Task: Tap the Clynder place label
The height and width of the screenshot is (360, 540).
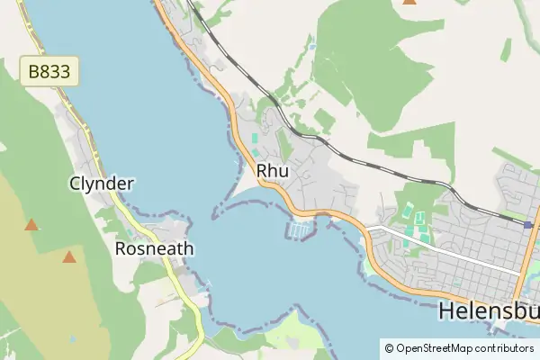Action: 102,184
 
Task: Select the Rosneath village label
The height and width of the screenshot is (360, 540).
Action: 155,248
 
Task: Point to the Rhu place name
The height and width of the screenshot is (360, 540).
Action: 272,171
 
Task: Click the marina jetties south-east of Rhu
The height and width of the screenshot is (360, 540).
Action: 301,230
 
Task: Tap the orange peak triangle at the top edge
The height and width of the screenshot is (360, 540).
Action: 410,2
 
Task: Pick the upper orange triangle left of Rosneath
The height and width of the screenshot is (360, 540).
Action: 31,225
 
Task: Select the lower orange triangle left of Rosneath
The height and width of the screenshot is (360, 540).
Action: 69,257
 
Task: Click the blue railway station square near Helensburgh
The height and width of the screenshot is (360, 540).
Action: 528,225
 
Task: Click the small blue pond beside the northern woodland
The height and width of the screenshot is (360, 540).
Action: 311,45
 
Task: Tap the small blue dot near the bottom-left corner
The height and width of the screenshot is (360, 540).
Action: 72,338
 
